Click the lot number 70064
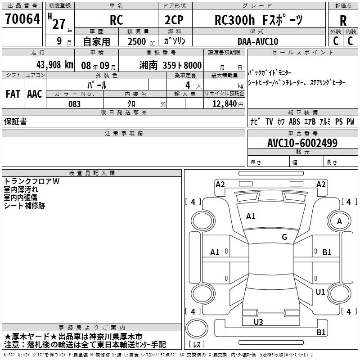pos(22,19)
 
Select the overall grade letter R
pos(343,21)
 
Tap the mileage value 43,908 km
pos(54,65)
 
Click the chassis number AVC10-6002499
pos(302,143)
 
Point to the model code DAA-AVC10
pos(258,41)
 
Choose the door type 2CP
pos(174,20)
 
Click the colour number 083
pos(75,104)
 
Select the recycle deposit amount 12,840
pos(225,104)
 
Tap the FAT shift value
pos(13,94)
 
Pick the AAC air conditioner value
pos(35,94)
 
